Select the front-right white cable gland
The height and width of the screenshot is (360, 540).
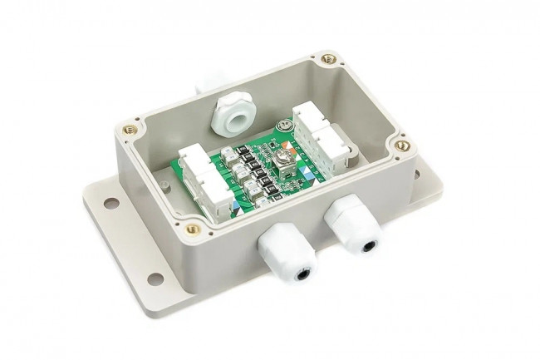click(352, 228)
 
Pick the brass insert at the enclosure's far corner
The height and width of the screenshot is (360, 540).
click(329, 59)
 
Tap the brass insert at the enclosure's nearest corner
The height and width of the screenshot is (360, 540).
click(193, 228)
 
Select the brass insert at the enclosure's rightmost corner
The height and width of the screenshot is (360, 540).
click(403, 145)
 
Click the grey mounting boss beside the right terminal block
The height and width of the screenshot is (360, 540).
click(350, 155)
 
